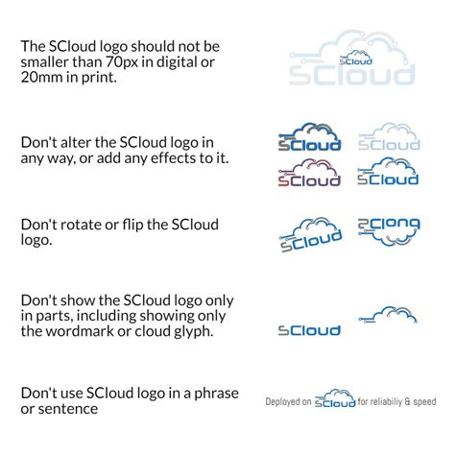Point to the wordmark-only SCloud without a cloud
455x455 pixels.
tap(309, 331)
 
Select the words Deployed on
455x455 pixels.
tap(288, 402)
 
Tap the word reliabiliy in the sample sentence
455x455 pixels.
tap(386, 402)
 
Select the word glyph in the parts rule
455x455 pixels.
tap(191, 331)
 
